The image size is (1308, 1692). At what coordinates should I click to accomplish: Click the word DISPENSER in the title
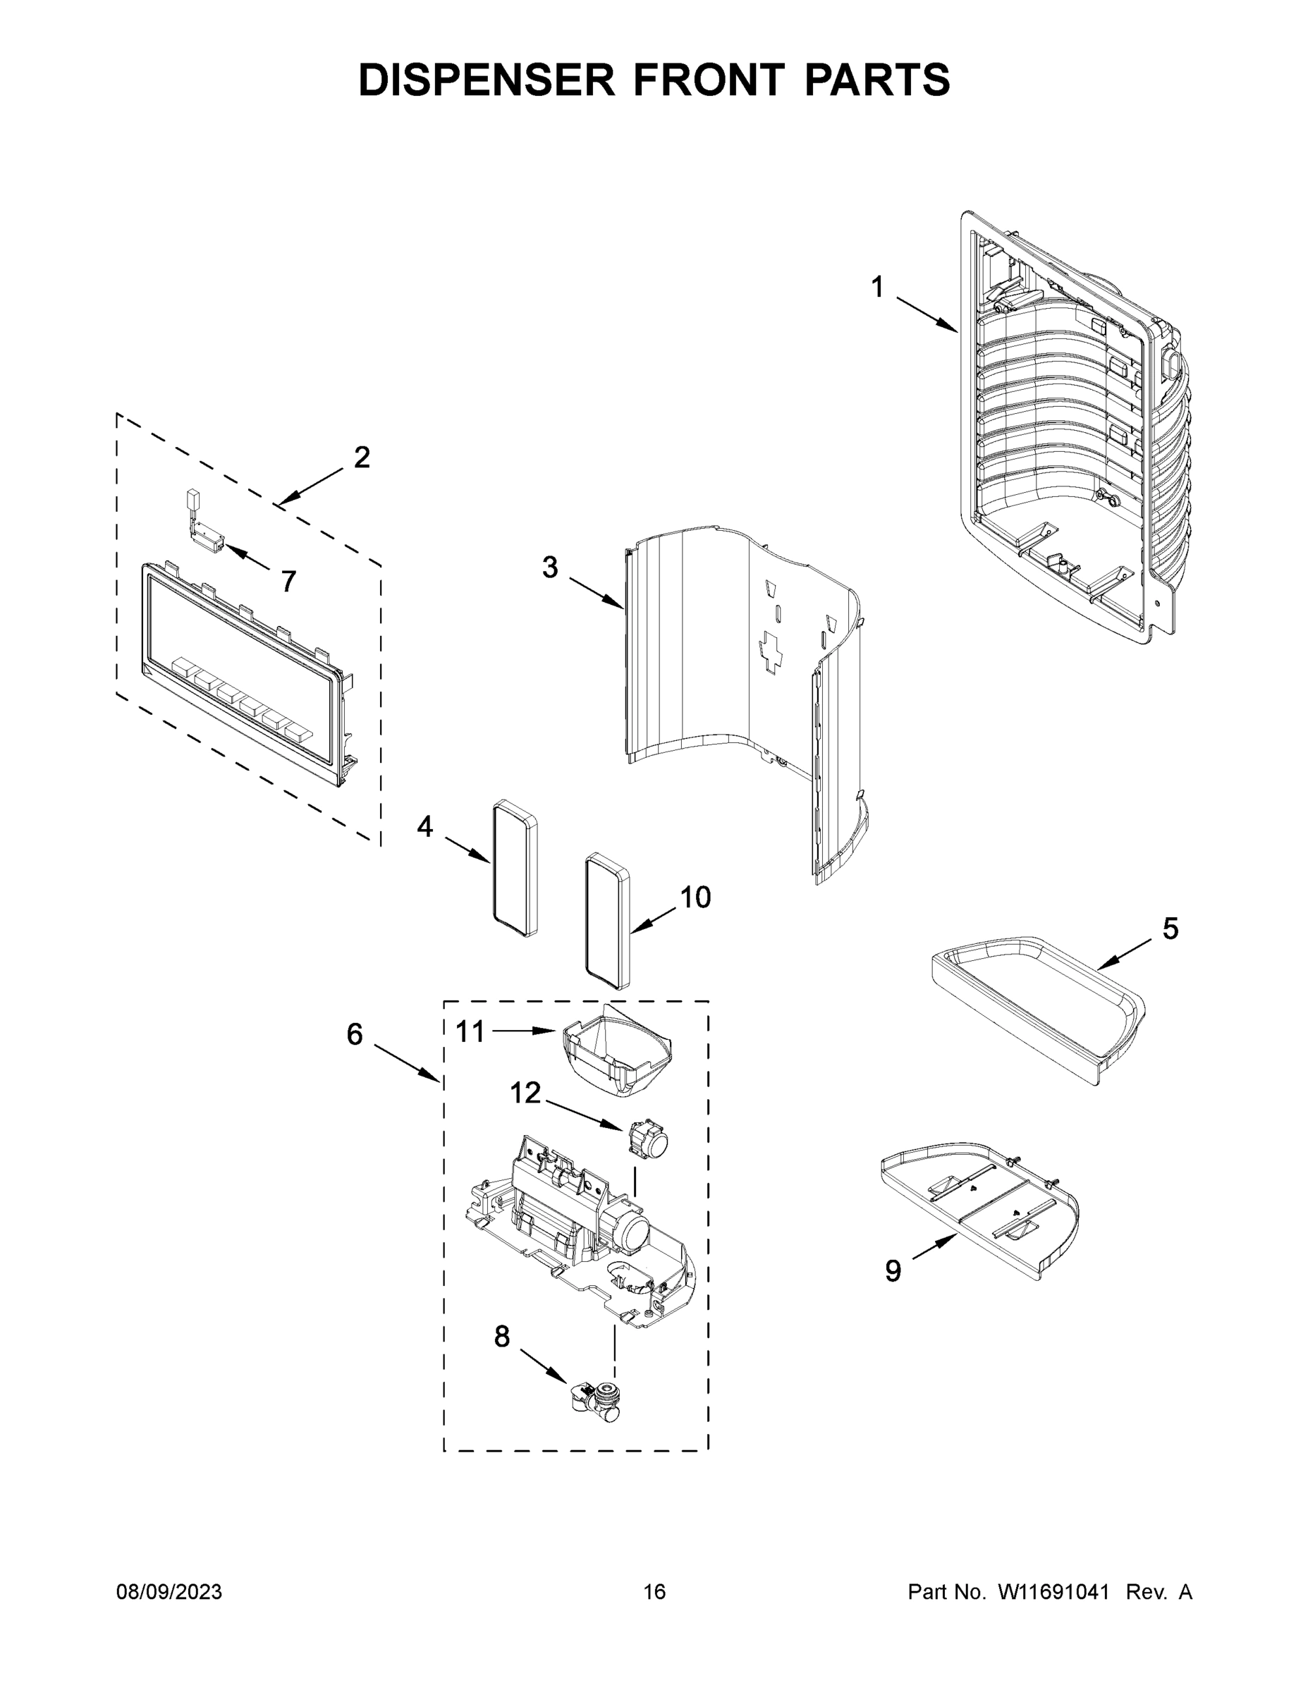tap(487, 80)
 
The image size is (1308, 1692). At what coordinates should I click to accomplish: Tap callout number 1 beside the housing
tap(876, 288)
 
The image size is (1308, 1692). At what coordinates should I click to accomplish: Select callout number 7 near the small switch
tap(288, 581)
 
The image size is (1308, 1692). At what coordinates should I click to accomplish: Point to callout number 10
tap(695, 897)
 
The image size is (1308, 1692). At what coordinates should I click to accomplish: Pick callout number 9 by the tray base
tap(893, 1271)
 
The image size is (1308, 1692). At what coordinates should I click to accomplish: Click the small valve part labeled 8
tap(595, 1401)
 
